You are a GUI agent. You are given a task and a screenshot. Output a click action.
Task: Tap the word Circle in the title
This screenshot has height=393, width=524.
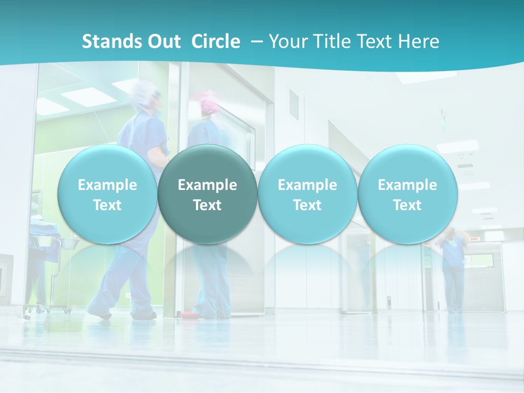tap(216, 41)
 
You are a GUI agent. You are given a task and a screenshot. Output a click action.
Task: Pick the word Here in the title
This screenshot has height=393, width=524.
tap(419, 41)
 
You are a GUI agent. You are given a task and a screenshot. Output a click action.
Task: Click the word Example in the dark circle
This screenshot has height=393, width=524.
tap(207, 185)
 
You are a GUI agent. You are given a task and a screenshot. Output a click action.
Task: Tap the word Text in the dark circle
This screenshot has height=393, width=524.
tap(207, 205)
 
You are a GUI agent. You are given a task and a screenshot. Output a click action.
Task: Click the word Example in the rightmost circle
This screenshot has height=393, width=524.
tap(407, 185)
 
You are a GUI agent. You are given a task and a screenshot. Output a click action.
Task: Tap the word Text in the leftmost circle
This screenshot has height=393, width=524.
tap(107, 205)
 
